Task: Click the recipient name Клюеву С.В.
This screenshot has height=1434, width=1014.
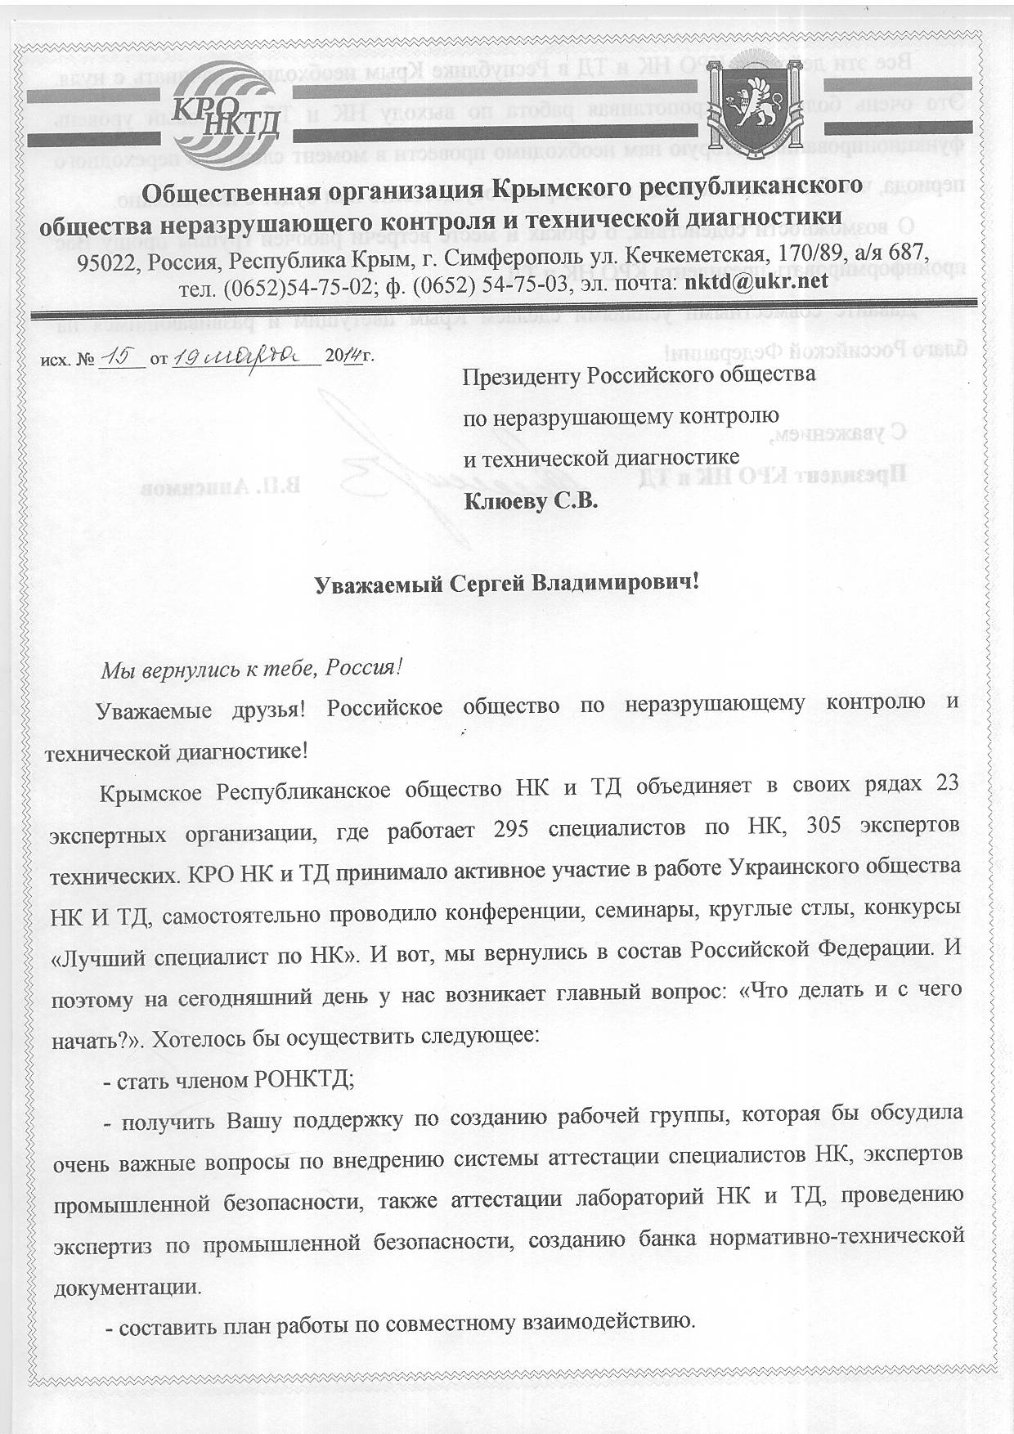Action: pos(531,500)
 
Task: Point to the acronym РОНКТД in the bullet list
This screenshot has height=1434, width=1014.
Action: pos(304,1079)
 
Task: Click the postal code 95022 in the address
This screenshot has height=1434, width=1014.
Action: pos(105,260)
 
